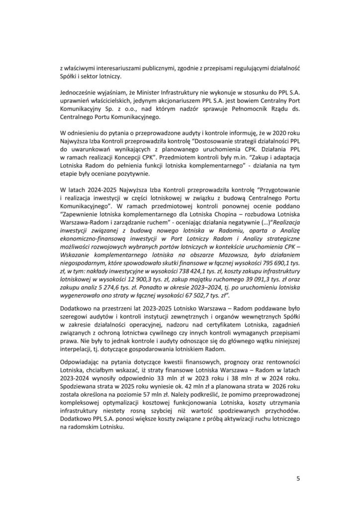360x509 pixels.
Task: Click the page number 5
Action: (298, 479)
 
